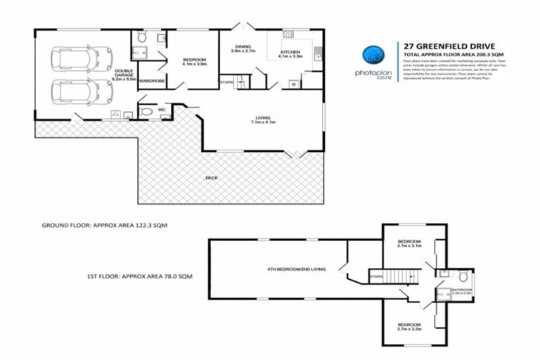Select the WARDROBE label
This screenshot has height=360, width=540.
151,82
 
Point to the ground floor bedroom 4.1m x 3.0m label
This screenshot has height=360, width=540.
194,62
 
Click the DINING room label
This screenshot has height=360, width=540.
243,49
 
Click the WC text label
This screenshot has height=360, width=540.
161,110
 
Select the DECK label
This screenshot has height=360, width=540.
211,177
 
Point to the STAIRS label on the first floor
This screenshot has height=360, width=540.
376,276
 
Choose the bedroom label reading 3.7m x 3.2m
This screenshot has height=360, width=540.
409,326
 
